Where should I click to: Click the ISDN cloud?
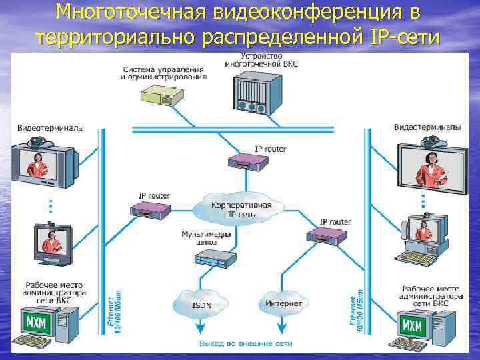pyautogui.click(x=201, y=304)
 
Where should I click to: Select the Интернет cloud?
pyautogui.click(x=283, y=303)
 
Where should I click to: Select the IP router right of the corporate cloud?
pyautogui.click(x=327, y=235)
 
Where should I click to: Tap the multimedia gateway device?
pyautogui.click(x=217, y=257)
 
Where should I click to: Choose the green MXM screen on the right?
pyautogui.click(x=413, y=326)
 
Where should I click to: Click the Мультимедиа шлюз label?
pyautogui.click(x=206, y=238)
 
